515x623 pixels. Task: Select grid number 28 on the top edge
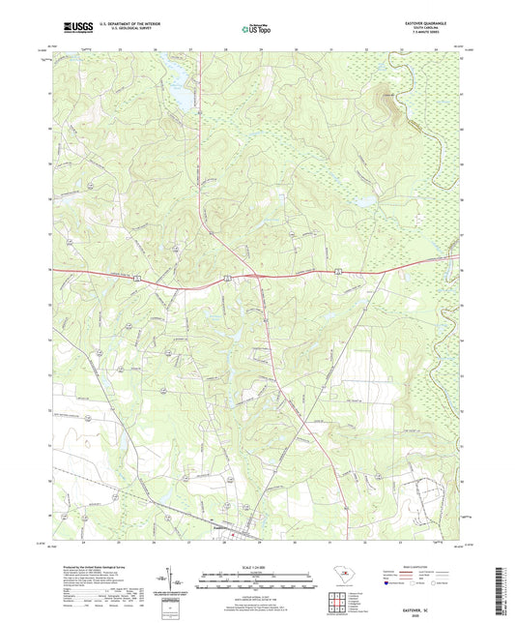pyautogui.click(x=224, y=47)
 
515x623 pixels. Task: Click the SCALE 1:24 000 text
pyautogui.click(x=256, y=565)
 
